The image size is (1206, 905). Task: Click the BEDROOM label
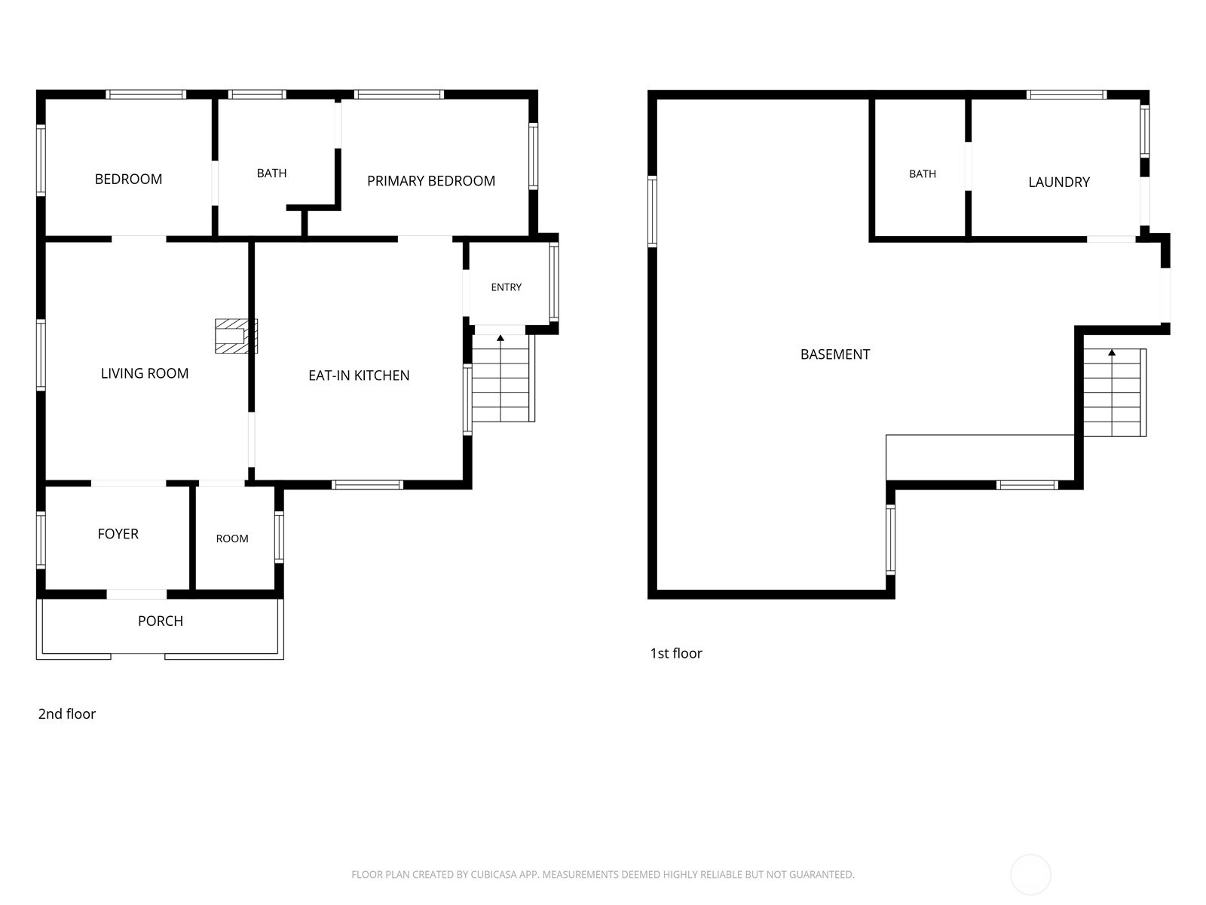click(x=128, y=179)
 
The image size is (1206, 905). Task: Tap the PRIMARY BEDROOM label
click(x=430, y=181)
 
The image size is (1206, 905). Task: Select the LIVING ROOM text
click(x=145, y=373)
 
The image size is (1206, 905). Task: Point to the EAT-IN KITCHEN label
click(x=359, y=376)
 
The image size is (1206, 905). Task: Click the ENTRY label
click(x=506, y=287)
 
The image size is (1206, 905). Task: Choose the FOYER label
click(x=118, y=533)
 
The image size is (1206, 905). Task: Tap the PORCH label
click(x=161, y=621)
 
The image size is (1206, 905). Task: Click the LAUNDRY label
click(x=1059, y=182)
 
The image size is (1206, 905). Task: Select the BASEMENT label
click(x=834, y=354)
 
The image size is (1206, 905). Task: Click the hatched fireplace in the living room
click(x=236, y=336)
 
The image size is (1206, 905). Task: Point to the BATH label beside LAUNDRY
click(x=922, y=174)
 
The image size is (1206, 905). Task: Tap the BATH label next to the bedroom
click(x=271, y=173)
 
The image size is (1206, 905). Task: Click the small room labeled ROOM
click(x=232, y=539)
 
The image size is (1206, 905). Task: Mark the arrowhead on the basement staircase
click(x=1112, y=352)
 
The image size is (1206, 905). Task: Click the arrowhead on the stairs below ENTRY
click(x=500, y=338)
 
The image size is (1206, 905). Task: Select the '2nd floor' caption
click(x=66, y=713)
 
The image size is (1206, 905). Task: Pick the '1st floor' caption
click(x=676, y=653)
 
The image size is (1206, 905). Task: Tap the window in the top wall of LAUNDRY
click(x=1066, y=94)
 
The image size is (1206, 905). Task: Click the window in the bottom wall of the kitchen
click(x=367, y=485)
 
